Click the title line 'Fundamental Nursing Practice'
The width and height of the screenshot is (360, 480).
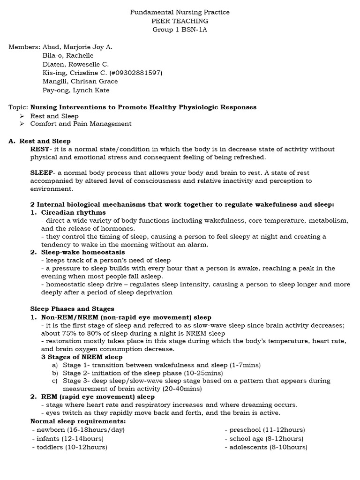(180, 12)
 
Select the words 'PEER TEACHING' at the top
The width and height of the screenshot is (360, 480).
(180, 21)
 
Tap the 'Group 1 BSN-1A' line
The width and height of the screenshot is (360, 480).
(180, 30)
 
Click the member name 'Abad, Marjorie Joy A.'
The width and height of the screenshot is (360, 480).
(77, 47)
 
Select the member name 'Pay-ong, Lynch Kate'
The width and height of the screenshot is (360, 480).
(76, 90)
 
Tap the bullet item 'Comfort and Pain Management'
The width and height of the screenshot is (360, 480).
(81, 124)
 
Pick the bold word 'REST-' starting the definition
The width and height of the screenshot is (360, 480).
(40, 150)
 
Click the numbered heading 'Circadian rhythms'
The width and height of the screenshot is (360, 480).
(74, 212)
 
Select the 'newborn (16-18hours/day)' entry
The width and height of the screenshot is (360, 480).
(78, 429)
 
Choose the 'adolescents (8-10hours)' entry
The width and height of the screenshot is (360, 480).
(266, 447)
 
